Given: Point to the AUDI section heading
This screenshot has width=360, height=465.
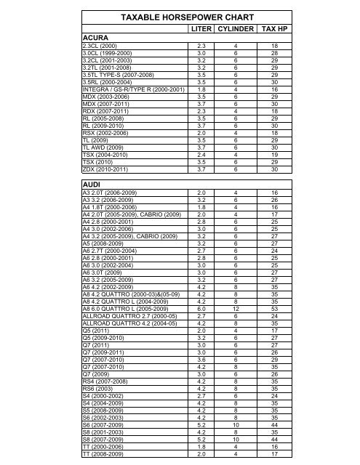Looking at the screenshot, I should pyautogui.click(x=95, y=185).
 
